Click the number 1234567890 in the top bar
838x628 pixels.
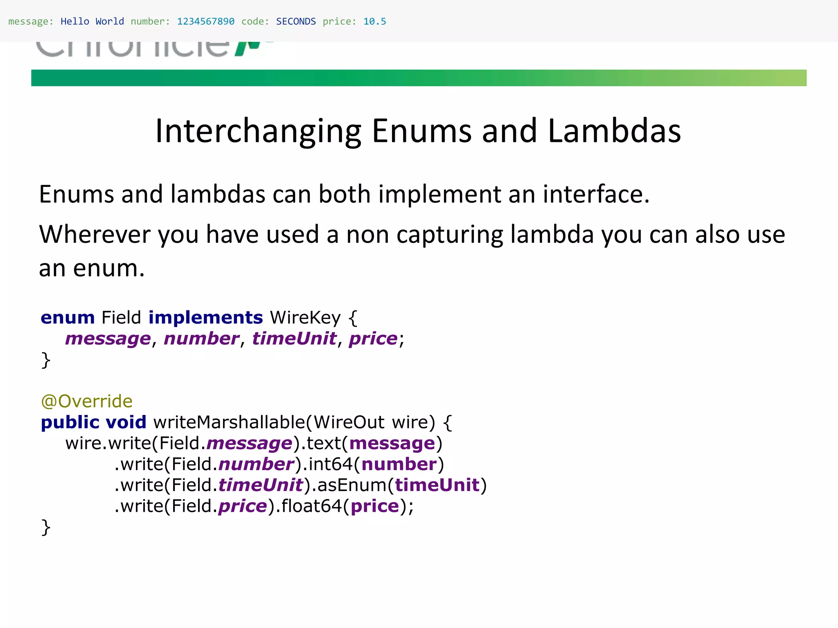point(205,21)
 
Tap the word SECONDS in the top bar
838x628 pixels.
point(296,21)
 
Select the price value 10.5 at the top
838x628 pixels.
point(374,21)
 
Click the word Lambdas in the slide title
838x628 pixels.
point(614,131)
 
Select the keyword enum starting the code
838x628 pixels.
point(68,318)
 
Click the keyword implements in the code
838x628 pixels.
point(205,318)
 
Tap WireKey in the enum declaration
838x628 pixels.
point(305,318)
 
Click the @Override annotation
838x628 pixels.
point(87,401)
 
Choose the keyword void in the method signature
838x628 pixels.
point(126,422)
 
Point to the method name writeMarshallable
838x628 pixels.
point(229,422)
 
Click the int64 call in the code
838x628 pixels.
point(330,464)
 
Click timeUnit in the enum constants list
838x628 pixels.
point(294,339)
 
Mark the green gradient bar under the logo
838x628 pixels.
point(419,78)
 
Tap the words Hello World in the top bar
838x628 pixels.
point(92,21)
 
